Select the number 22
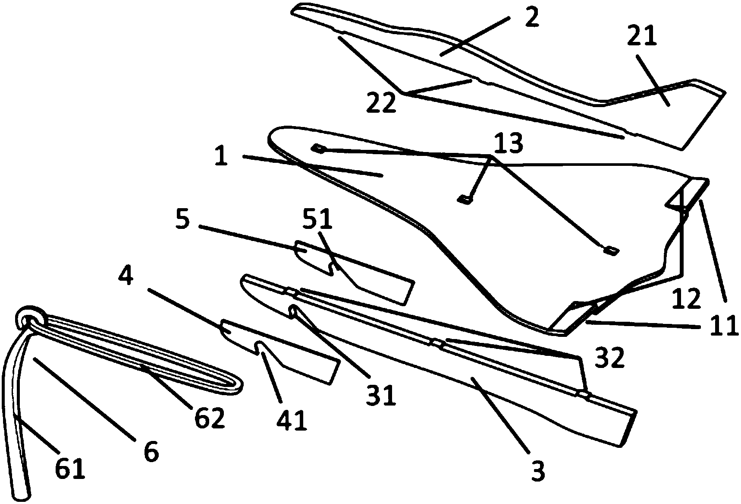tap(381, 102)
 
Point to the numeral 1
tap(221, 156)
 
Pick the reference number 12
tap(686, 298)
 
